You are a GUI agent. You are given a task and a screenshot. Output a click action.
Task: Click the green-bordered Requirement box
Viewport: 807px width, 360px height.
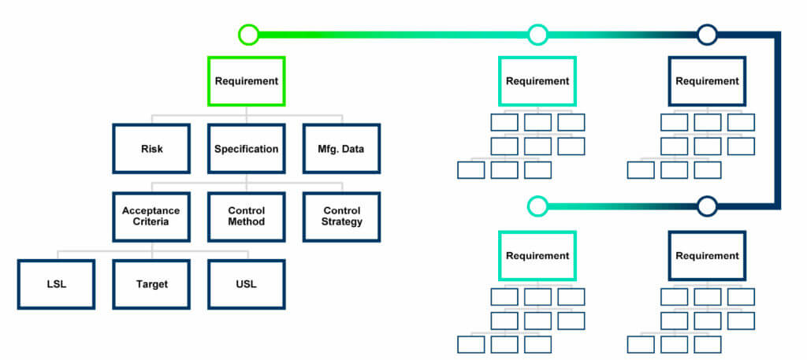click(x=246, y=81)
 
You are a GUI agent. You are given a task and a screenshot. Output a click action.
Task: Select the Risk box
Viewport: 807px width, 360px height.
click(x=151, y=148)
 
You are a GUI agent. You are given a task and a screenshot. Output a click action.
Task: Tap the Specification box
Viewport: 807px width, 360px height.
click(x=246, y=148)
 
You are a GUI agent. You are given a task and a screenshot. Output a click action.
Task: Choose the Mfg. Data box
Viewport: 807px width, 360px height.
click(x=342, y=148)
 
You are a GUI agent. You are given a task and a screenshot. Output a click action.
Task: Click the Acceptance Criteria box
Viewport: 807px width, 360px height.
click(x=151, y=216)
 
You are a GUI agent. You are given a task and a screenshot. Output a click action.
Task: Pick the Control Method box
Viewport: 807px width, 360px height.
click(x=246, y=216)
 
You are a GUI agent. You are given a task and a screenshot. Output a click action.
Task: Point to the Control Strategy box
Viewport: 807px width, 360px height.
click(x=342, y=216)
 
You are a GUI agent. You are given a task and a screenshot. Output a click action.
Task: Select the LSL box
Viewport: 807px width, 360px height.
click(x=56, y=284)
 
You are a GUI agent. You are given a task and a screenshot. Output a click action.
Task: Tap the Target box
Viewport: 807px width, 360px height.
click(x=151, y=284)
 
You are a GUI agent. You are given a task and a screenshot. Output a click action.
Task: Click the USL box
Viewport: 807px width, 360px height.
click(x=246, y=284)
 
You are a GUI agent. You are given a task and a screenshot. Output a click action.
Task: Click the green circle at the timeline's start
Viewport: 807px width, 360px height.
click(x=248, y=35)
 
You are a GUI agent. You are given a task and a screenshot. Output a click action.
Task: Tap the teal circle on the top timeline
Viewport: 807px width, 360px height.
click(x=537, y=35)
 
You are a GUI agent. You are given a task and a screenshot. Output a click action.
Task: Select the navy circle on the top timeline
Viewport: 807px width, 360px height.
click(x=707, y=35)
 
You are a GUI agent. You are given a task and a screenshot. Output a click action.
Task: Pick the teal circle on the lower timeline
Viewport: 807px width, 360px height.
click(x=537, y=206)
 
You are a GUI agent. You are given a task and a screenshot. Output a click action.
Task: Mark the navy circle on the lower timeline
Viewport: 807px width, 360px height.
click(x=707, y=206)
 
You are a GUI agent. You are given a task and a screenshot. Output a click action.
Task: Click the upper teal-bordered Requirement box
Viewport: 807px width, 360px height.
click(x=537, y=81)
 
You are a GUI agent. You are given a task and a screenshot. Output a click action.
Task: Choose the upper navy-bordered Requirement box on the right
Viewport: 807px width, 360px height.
click(x=707, y=81)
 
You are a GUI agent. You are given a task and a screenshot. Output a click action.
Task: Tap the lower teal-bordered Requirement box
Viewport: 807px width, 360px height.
click(x=537, y=255)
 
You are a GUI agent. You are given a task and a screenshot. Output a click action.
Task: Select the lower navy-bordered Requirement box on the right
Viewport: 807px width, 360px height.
click(x=707, y=255)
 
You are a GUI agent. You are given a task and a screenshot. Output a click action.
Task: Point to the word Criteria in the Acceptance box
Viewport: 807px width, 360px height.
click(x=151, y=222)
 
